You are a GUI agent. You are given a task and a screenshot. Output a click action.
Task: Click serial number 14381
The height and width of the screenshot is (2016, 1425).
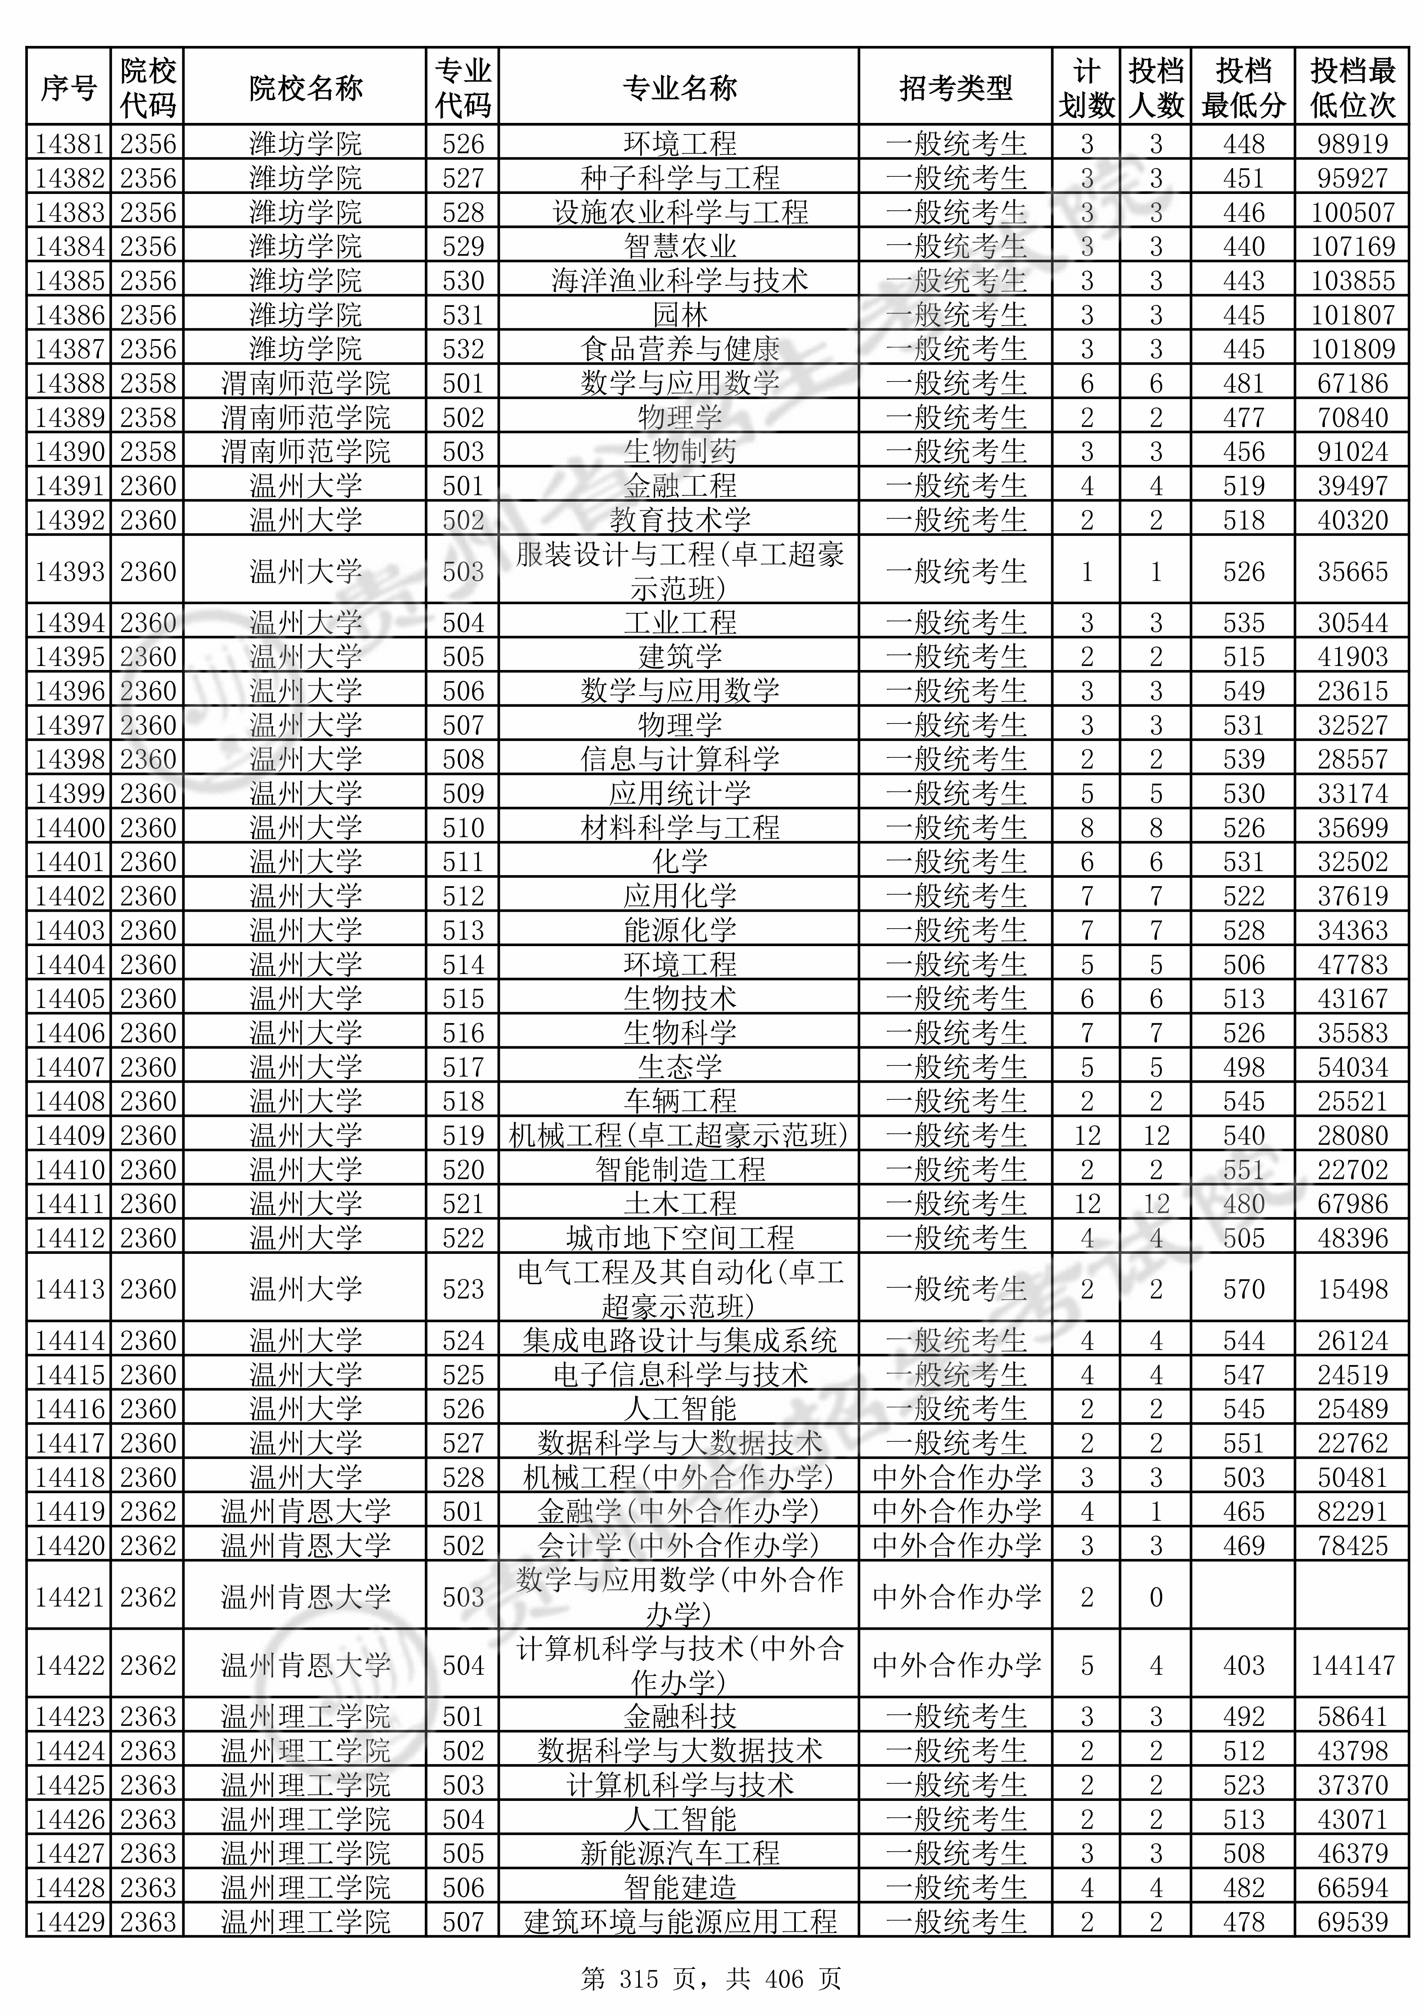coord(69,143)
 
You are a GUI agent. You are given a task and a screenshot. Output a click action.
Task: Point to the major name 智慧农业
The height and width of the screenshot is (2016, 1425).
coord(679,246)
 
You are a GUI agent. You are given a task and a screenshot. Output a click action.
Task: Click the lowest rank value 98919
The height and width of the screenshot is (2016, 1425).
coord(1352,143)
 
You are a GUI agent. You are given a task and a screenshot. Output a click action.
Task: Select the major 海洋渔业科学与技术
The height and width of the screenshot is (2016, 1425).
coord(679,280)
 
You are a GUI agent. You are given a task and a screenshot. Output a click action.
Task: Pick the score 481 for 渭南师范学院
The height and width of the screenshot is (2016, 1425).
coord(1243,383)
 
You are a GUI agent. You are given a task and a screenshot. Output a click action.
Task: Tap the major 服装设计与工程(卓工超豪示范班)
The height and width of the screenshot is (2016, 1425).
coord(679,571)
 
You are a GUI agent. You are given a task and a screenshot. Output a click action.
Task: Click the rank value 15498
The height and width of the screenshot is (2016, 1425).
coord(1352,1288)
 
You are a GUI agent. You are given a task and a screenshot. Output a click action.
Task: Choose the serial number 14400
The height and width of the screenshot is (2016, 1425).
coord(69,827)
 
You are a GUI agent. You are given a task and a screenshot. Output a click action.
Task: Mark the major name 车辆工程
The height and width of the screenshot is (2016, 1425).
coord(679,1100)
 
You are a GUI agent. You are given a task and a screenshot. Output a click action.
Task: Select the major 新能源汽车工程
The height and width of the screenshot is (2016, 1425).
coord(679,1853)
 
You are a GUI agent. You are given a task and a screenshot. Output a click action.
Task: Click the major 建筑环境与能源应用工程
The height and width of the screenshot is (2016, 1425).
coord(679,1921)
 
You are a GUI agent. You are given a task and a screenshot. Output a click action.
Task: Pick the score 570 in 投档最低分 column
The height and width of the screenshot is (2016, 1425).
coord(1243,1288)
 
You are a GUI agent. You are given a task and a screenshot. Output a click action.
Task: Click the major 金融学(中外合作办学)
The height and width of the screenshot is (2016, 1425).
coord(679,1510)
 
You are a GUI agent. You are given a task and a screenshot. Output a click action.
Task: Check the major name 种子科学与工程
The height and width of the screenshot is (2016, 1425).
coord(679,177)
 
